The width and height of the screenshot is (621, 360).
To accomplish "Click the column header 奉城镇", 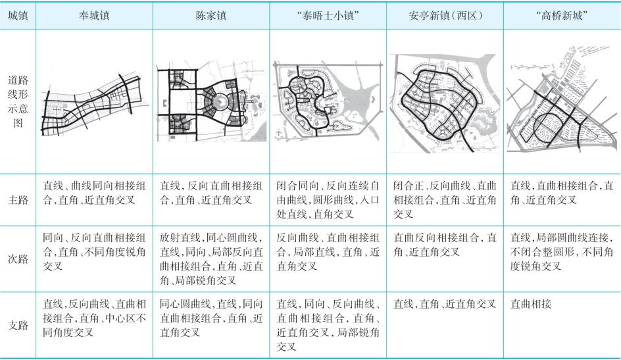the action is (94, 15).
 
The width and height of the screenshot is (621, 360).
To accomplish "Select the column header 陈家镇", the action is (211, 15).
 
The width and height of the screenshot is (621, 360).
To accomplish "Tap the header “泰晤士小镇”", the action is (328, 15).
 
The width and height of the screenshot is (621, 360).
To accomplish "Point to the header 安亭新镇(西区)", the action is (445, 15).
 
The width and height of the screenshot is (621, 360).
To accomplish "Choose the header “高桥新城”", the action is (562, 15).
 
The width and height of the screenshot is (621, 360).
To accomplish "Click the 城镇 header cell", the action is (18, 15).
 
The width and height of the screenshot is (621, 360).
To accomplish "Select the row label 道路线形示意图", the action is (18, 101).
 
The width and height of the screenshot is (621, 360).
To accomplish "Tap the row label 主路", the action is (18, 199).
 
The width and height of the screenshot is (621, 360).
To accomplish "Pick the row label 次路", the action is (18, 259).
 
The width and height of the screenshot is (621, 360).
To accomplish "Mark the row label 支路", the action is (18, 325).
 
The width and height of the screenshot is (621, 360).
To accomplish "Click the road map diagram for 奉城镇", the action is (95, 105).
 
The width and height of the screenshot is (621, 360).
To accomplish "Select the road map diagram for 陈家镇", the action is (211, 102).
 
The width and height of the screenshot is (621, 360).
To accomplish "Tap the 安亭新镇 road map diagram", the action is (445, 103).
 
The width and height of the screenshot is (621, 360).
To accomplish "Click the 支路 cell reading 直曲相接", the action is (531, 304).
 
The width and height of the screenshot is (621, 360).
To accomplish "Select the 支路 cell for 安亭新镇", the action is (444, 304).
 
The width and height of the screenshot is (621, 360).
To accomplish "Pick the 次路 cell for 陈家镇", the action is (211, 259).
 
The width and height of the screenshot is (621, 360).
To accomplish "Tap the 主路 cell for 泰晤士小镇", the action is (328, 199).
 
